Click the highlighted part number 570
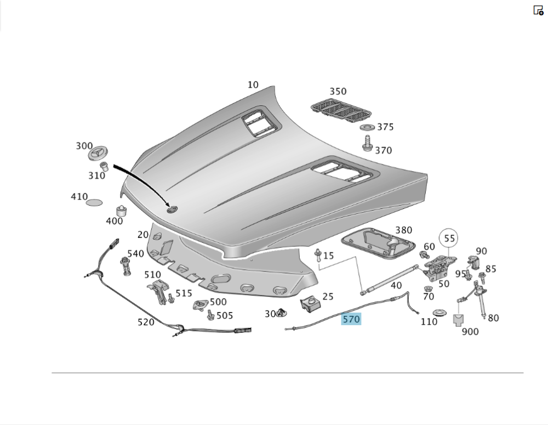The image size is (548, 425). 351,319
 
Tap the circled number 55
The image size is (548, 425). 449,239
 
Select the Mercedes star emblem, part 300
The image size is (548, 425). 100,152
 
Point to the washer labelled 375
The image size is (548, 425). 367,128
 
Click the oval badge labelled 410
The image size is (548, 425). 94,202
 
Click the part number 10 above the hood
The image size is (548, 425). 253,85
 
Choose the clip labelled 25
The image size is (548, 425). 309,304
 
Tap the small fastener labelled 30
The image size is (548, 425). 283,313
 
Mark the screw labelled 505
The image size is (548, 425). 210,315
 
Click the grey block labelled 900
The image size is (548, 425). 458,320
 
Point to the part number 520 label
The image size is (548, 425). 146,322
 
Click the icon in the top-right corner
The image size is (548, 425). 538,10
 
